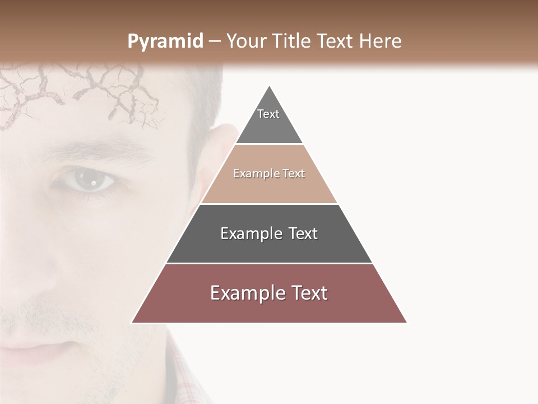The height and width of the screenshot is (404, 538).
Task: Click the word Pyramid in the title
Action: pyautogui.click(x=165, y=42)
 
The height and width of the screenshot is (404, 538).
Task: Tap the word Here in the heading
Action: pyautogui.click(x=380, y=42)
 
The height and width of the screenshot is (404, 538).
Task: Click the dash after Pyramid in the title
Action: pyautogui.click(x=215, y=42)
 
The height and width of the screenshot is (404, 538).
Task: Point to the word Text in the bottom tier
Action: pyautogui.click(x=310, y=293)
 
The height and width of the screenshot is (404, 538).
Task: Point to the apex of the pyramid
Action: pyautogui.click(x=269, y=88)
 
